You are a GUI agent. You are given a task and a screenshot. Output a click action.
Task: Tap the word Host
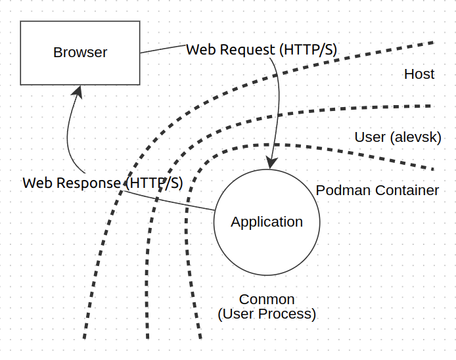coord(419,74)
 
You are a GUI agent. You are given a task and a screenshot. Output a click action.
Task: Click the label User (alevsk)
coord(398,137)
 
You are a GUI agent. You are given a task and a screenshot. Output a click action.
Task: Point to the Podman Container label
coord(377,191)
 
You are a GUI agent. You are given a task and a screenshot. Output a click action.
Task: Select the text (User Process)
coord(267,314)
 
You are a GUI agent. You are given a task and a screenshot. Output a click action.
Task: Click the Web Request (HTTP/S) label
coord(262,50)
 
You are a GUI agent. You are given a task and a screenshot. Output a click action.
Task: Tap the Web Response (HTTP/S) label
coord(103,183)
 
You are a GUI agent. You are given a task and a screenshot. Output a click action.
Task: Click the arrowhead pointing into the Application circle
coord(269,162)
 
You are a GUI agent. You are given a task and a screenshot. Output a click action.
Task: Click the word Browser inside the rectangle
coord(80,53)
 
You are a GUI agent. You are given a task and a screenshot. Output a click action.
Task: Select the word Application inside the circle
coord(267,222)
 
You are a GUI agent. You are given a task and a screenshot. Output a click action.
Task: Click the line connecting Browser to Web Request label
coord(163,49)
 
